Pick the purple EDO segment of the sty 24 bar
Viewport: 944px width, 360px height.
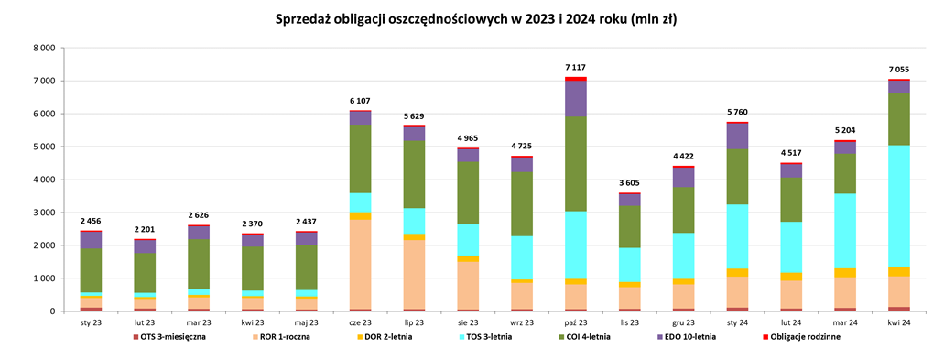click(737, 136)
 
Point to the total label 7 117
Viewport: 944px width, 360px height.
click(575, 67)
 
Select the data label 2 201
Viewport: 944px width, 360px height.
click(145, 229)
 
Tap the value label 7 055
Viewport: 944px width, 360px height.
click(899, 69)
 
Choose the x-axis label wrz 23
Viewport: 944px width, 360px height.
click(522, 322)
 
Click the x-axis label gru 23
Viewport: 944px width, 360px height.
click(683, 322)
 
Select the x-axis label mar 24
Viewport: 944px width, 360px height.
click(845, 322)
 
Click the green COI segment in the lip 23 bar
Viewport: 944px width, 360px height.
click(414, 174)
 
